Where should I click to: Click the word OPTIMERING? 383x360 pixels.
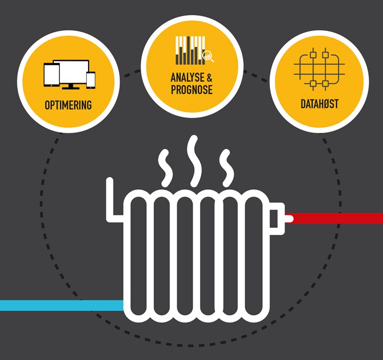(x=68, y=104)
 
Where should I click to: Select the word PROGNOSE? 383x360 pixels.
(x=191, y=90)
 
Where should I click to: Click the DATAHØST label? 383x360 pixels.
(x=319, y=104)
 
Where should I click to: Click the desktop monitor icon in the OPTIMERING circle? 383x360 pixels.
(x=71, y=73)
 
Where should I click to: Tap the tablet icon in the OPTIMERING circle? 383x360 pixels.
(x=51, y=75)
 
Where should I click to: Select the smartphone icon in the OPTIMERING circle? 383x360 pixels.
(x=90, y=79)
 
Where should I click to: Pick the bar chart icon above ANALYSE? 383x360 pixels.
(x=189, y=51)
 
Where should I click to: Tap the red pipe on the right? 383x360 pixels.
(x=337, y=218)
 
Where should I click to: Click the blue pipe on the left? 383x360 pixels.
(x=60, y=305)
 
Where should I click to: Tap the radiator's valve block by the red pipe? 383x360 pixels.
(x=277, y=218)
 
